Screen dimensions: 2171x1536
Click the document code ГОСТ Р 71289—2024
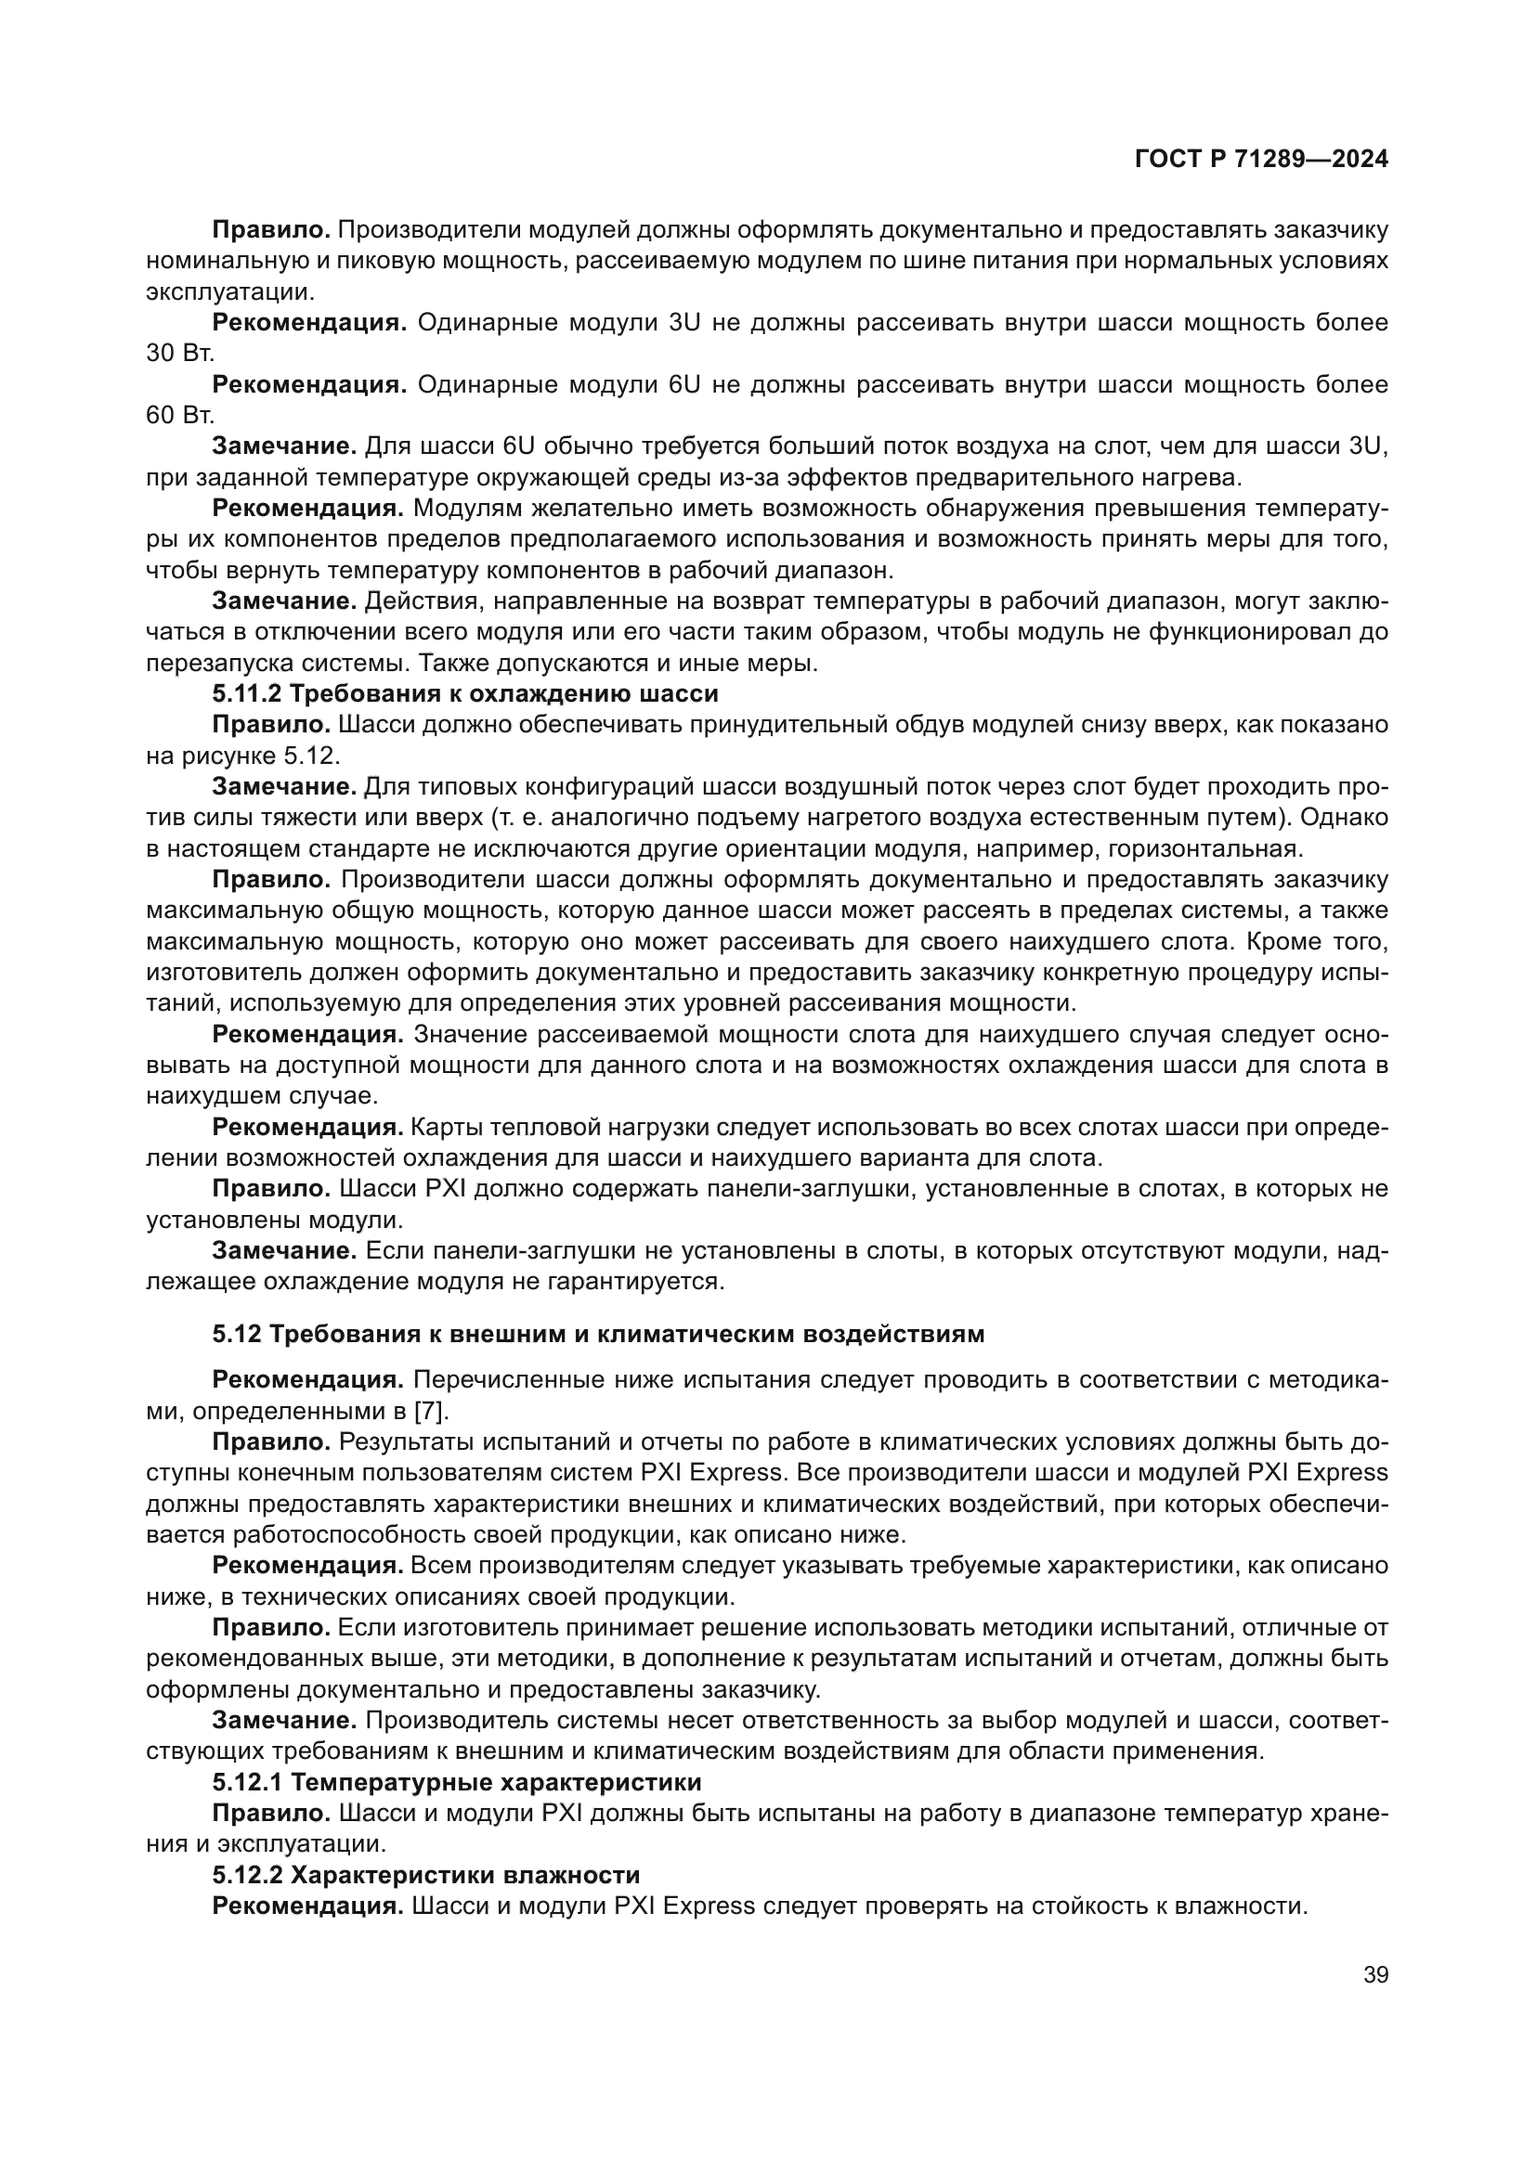[1261, 160]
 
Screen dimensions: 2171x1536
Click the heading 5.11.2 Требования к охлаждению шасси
[465, 694]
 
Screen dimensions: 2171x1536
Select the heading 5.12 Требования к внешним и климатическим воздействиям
[598, 1334]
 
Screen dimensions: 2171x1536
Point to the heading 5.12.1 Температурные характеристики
[457, 1782]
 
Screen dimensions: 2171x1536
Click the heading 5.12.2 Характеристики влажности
[425, 1875]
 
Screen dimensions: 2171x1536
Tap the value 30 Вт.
[180, 354]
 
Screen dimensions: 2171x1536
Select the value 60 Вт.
[180, 415]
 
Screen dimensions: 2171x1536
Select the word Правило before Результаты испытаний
[270, 1442]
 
